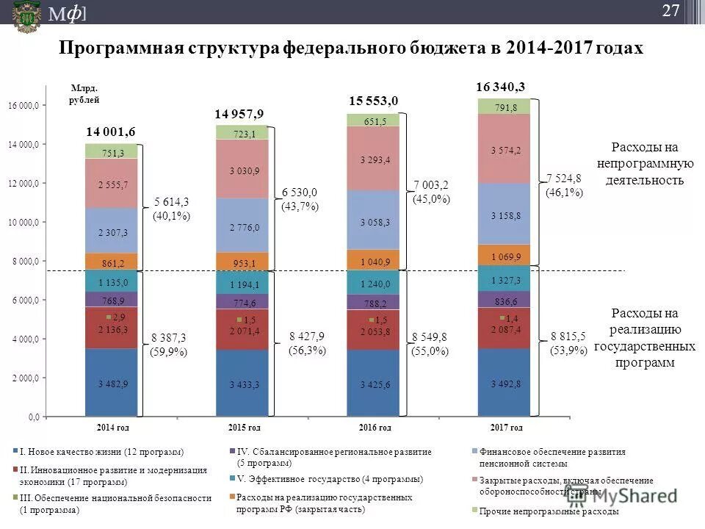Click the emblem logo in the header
pyautogui.click(x=27, y=12)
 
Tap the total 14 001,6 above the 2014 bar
pyautogui.click(x=112, y=132)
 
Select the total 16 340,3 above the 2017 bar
pyautogui.click(x=500, y=87)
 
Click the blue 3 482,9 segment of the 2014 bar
pyautogui.click(x=112, y=383)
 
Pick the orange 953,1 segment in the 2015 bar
pyautogui.click(x=242, y=263)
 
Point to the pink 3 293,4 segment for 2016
pyautogui.click(x=374, y=159)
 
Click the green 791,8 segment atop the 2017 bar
pyautogui.click(x=505, y=107)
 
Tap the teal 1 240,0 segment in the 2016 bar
pyautogui.click(x=374, y=284)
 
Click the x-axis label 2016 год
pyautogui.click(x=375, y=427)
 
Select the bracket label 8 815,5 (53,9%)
pyautogui.click(x=568, y=343)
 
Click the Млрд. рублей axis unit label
pyautogui.click(x=84, y=93)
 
